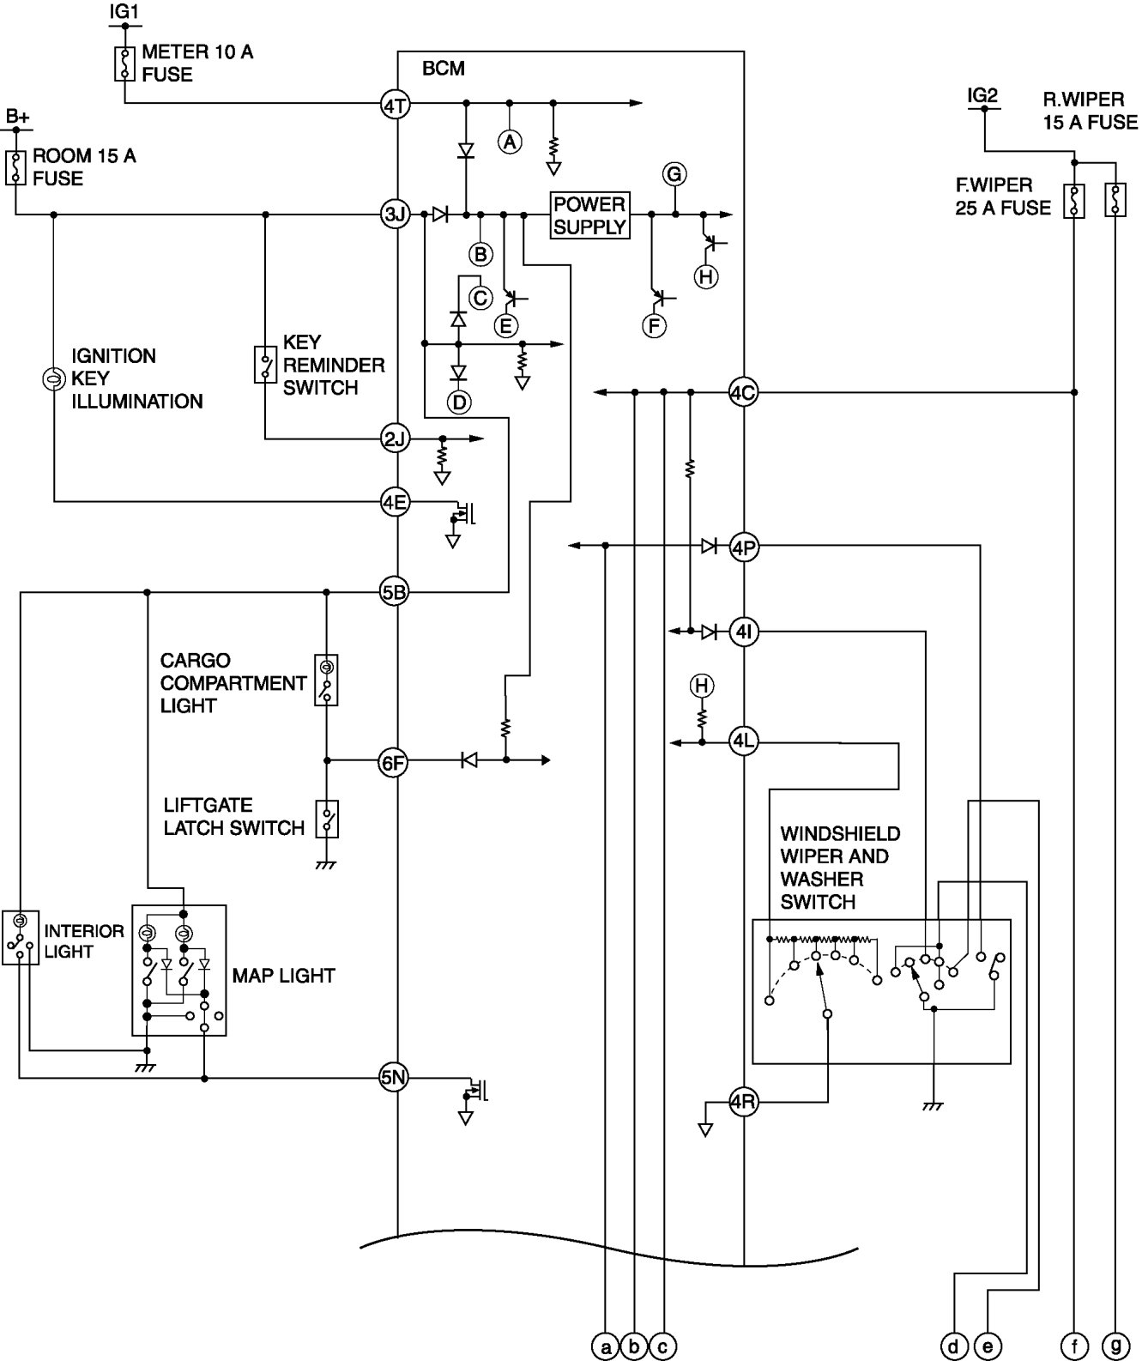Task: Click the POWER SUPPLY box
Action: click(x=589, y=215)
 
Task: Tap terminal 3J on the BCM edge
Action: click(x=396, y=215)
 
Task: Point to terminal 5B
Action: click(x=394, y=591)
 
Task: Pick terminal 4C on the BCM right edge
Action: click(x=743, y=393)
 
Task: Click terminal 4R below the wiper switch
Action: click(x=743, y=1102)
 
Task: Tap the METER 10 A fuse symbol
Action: click(x=125, y=64)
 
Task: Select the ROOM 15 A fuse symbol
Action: click(x=15, y=167)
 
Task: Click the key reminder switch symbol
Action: click(x=265, y=365)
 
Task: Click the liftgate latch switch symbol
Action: click(x=327, y=820)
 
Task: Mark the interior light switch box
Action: click(x=20, y=936)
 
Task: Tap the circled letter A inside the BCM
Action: click(x=510, y=142)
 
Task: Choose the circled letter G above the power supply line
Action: click(x=674, y=175)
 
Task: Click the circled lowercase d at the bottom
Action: click(x=954, y=1346)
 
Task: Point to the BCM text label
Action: click(x=444, y=69)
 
